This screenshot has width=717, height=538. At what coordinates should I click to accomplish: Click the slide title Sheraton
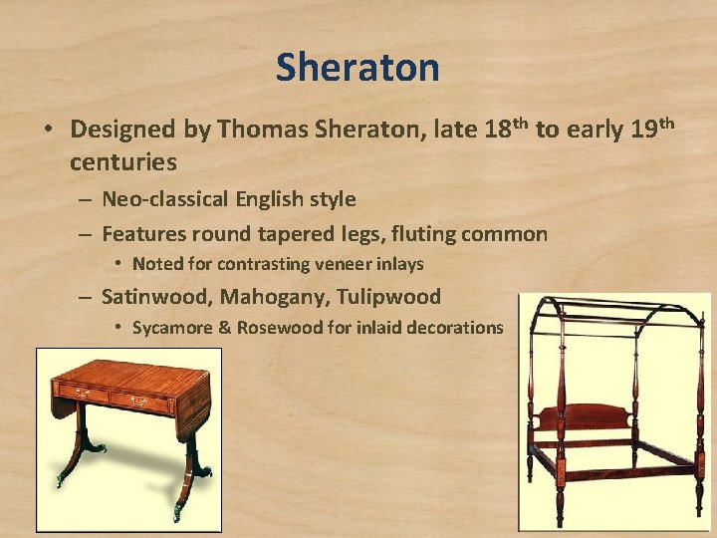[x=358, y=68]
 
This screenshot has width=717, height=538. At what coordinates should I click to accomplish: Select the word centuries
[x=123, y=160]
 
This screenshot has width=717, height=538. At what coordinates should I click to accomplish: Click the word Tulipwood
[x=389, y=297]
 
